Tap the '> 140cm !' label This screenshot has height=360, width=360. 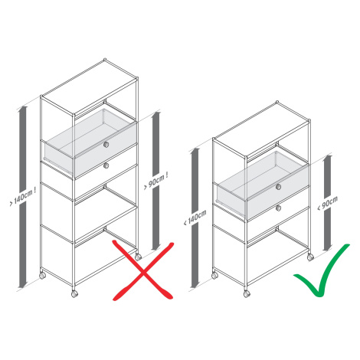(23, 197)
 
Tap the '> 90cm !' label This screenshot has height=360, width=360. (156, 181)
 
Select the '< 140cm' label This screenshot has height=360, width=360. (195, 218)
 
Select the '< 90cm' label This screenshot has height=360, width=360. (328, 203)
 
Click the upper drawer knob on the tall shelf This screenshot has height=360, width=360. (106, 145)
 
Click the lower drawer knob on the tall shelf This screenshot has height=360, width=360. (106, 165)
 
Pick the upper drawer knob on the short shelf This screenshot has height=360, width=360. (278, 187)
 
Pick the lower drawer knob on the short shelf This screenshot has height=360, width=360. (278, 208)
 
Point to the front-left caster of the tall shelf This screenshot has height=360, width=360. (42, 276)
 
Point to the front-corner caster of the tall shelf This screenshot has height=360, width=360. (74, 294)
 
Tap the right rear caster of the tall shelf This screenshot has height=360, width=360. (138, 257)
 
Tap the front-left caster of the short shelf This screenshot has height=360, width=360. (214, 276)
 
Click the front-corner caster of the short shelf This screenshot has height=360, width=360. (247, 294)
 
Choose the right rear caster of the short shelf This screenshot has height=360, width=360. (310, 257)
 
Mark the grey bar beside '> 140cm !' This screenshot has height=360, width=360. (23, 197)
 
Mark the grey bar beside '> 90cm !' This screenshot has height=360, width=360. (156, 181)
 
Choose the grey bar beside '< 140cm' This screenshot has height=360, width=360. (195, 218)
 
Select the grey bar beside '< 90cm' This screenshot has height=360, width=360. (328, 203)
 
